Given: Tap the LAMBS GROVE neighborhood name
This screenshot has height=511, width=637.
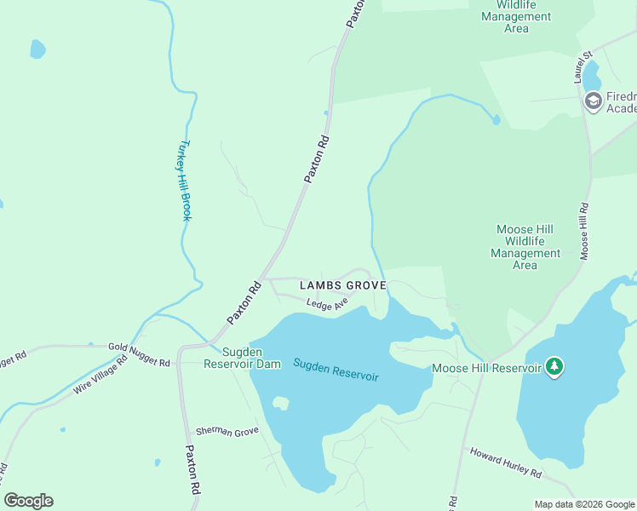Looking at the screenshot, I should pyautogui.click(x=342, y=284).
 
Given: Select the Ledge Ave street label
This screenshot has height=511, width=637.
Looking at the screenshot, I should pyautogui.click(x=328, y=304).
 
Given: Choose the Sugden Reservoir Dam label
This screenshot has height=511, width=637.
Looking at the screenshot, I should pyautogui.click(x=242, y=358).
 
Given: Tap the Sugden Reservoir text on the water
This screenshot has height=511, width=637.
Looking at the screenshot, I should pyautogui.click(x=336, y=370).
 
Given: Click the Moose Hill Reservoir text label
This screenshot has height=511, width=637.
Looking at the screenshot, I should pyautogui.click(x=486, y=368).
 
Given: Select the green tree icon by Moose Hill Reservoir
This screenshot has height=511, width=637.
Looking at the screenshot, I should pyautogui.click(x=555, y=366).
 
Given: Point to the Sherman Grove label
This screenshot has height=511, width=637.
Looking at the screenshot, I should pyautogui.click(x=227, y=432).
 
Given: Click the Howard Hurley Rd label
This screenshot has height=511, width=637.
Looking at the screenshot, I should pyautogui.click(x=506, y=461).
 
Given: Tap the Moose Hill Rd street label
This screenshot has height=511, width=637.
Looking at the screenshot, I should pyautogui.click(x=584, y=231).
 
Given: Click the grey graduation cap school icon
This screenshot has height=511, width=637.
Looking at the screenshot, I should pyautogui.click(x=593, y=101).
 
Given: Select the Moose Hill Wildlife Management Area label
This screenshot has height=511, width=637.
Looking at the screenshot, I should pyautogui.click(x=525, y=247).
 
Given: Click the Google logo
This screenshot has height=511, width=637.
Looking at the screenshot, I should pyautogui.click(x=28, y=501).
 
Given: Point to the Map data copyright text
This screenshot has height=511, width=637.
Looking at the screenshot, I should pyautogui.click(x=583, y=504).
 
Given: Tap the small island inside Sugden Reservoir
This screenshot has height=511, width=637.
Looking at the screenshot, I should pyautogui.click(x=279, y=404).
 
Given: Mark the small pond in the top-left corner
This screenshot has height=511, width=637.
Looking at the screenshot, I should pyautogui.click(x=37, y=49).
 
